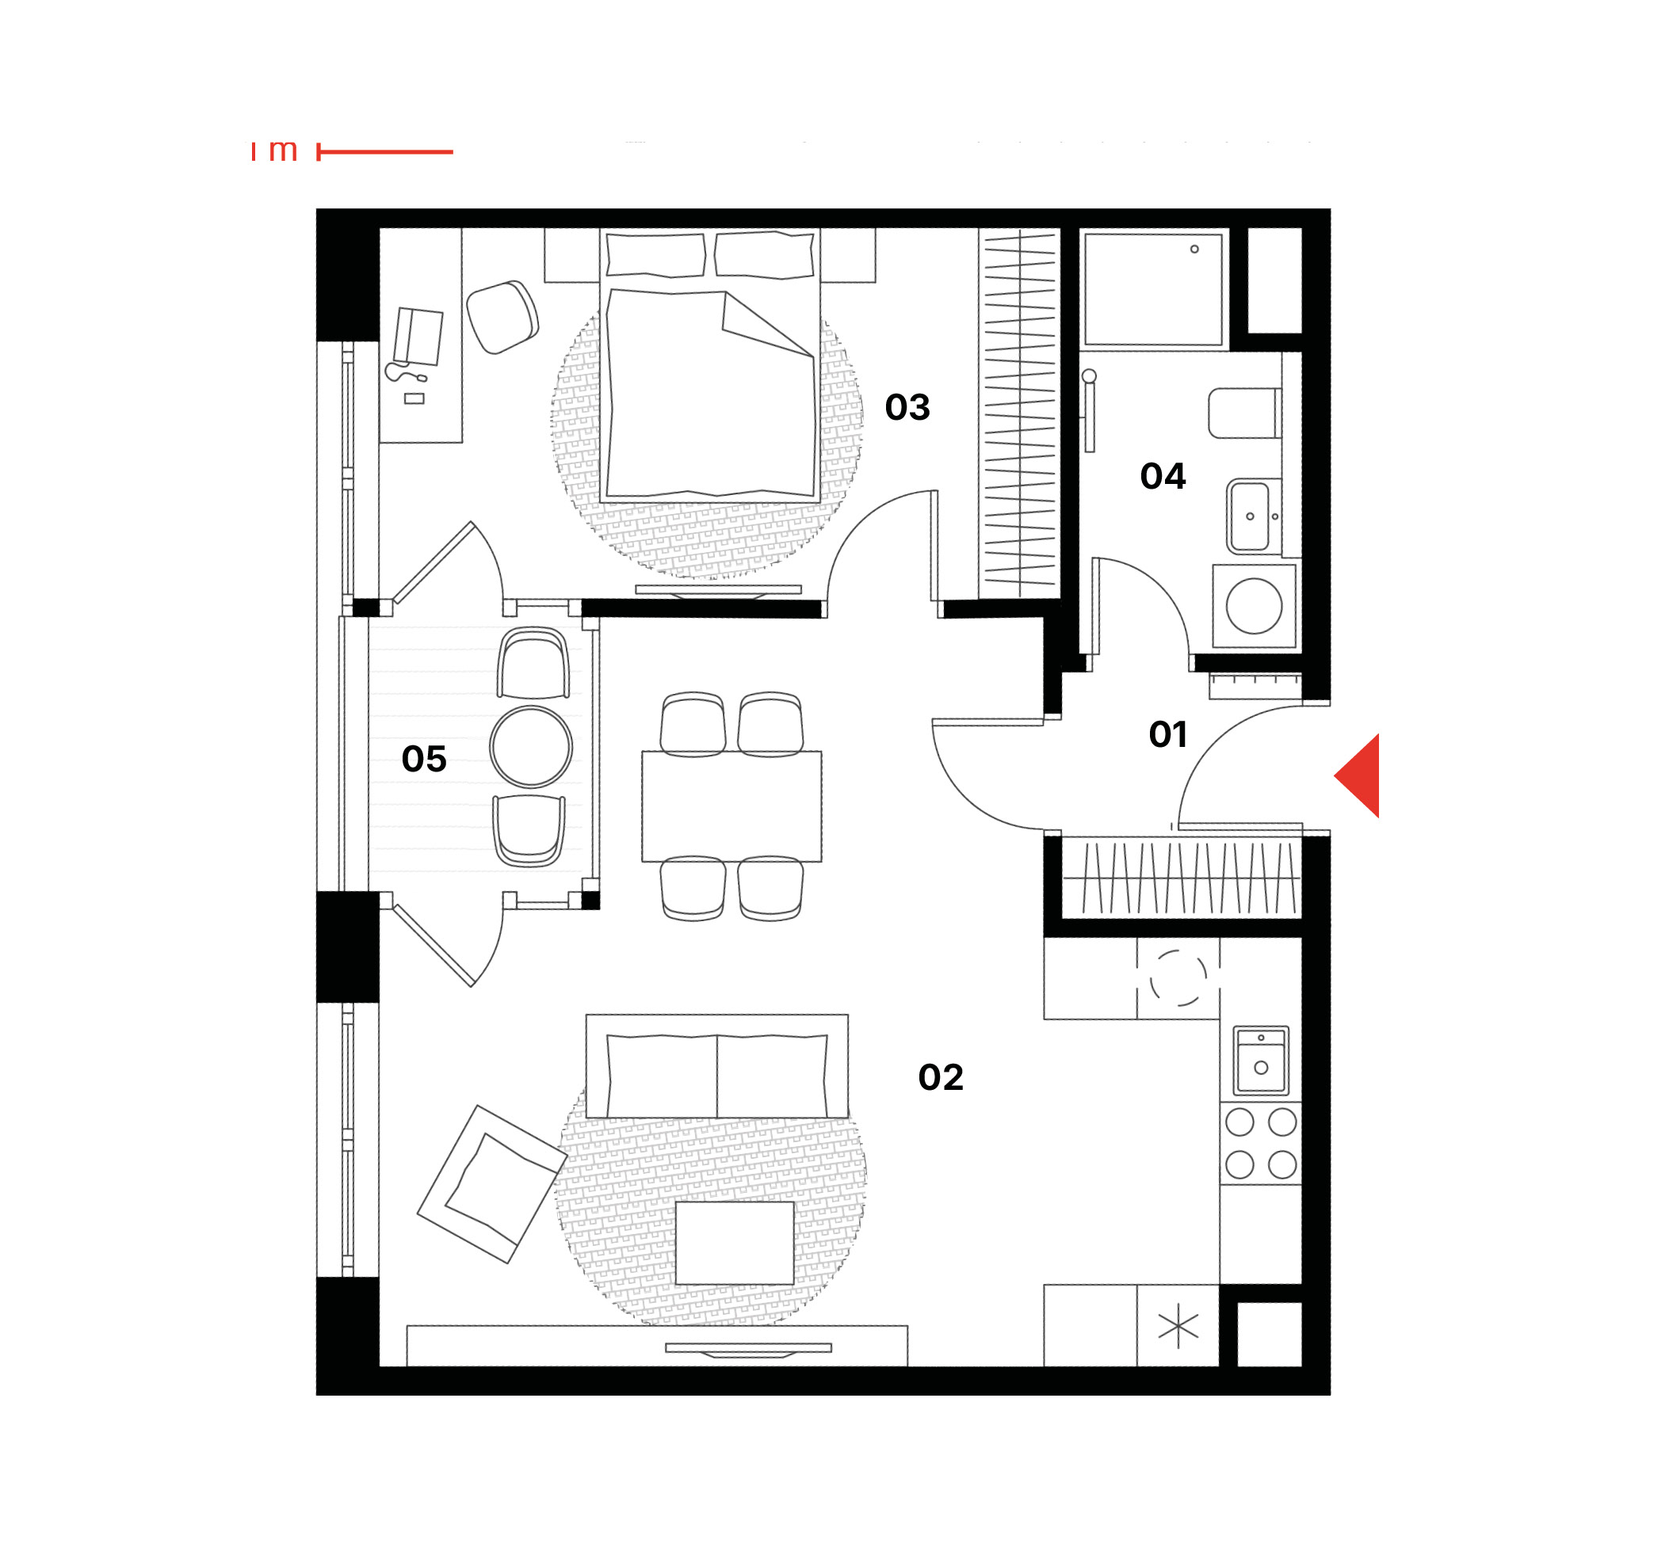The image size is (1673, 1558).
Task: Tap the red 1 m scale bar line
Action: click(x=384, y=152)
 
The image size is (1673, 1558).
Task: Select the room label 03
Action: click(x=907, y=407)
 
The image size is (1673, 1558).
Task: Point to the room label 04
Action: click(x=1163, y=476)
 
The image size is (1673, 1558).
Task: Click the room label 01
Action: click(x=1168, y=734)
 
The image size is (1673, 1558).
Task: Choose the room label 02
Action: click(x=941, y=1076)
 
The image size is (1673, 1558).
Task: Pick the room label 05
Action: click(x=424, y=759)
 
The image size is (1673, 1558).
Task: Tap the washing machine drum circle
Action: click(x=1254, y=606)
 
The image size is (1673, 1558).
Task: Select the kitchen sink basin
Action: click(x=1261, y=1059)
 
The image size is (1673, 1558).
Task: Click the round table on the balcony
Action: click(x=531, y=746)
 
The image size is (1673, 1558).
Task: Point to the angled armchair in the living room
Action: click(x=492, y=1184)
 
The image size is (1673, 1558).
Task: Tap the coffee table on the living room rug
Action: click(x=735, y=1243)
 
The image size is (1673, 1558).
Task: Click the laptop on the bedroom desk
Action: click(x=418, y=337)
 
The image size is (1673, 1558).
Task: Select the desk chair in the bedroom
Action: click(x=502, y=317)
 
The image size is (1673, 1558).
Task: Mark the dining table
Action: click(x=731, y=806)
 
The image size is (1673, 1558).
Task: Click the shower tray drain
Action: click(x=1194, y=249)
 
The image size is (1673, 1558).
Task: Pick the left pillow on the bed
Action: click(x=655, y=255)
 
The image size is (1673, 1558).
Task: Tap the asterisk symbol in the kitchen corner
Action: click(x=1178, y=1327)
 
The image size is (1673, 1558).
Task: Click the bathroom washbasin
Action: click(x=1251, y=516)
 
